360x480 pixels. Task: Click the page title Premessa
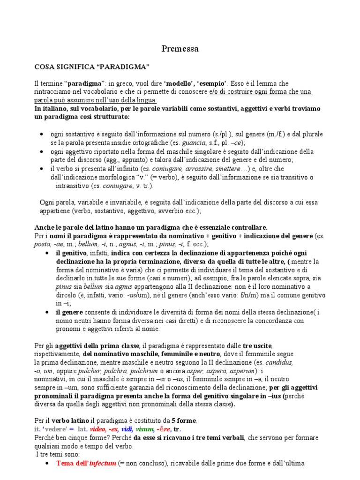pos(180,48)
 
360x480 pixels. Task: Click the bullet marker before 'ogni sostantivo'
pos(43,135)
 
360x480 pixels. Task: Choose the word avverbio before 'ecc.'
pos(165,211)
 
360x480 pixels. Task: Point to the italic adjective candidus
pos(280,363)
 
